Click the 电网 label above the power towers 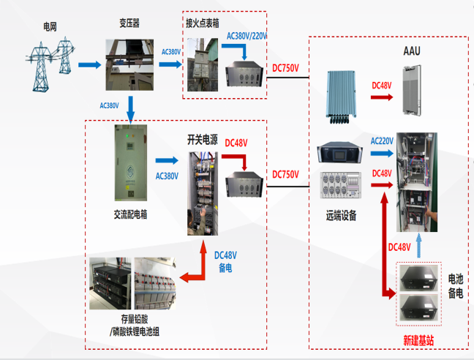[50, 27]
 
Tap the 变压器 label [129, 23]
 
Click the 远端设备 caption [342, 217]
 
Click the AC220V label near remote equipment [382, 140]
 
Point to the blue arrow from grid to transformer [89, 65]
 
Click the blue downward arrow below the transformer [131, 108]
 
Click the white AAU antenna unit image [414, 90]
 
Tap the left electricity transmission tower [39, 61]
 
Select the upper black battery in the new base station [418, 278]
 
